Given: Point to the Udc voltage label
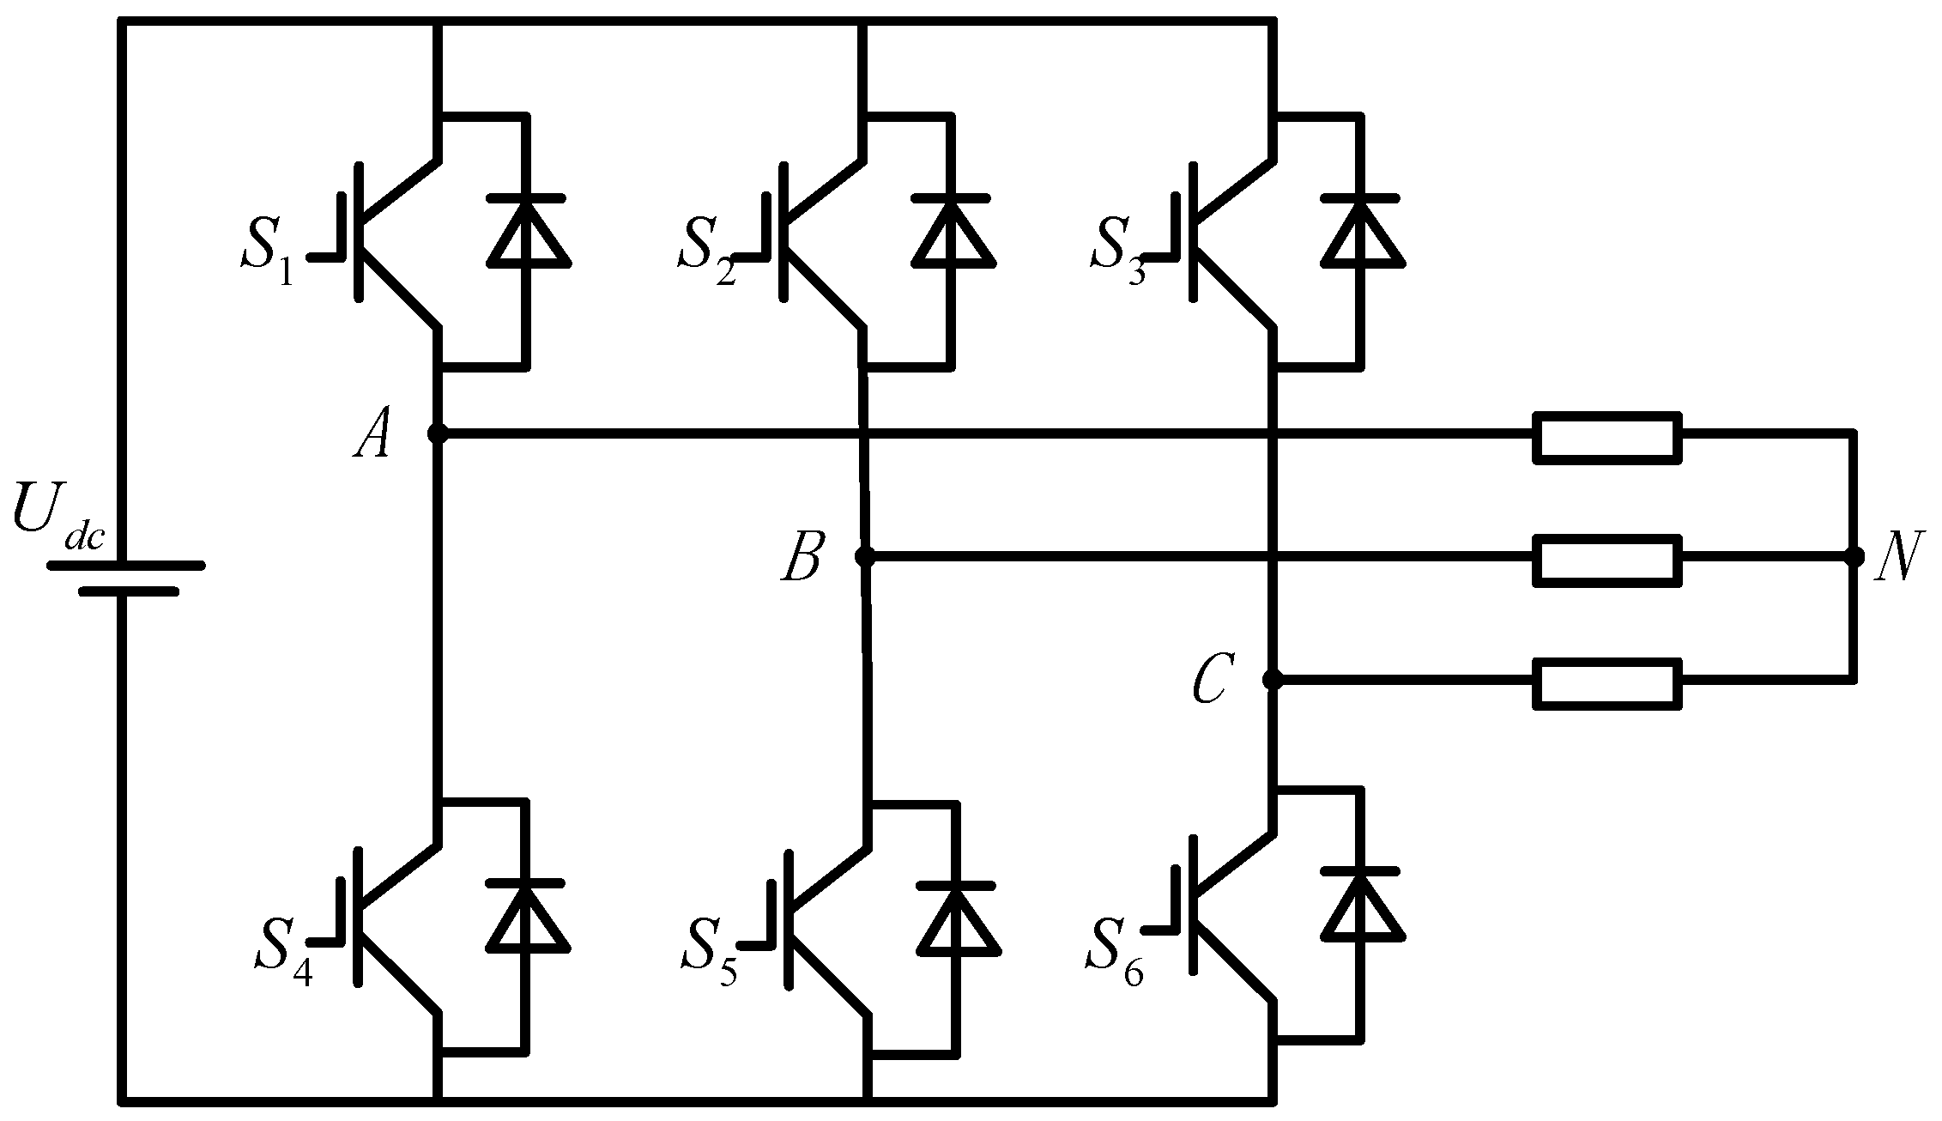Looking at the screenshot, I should click(x=57, y=520).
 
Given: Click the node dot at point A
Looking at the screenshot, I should click(x=438, y=433).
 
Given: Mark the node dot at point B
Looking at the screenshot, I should click(x=865, y=557).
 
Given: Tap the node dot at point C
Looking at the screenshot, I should click(x=1273, y=681).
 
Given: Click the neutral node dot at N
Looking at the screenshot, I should click(x=1854, y=557).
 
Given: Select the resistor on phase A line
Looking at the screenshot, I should click(x=1607, y=438).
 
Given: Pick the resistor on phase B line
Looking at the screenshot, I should click(x=1607, y=560).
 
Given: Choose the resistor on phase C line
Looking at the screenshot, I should click(x=1607, y=684).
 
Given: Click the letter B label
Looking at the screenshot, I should click(x=802, y=558).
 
